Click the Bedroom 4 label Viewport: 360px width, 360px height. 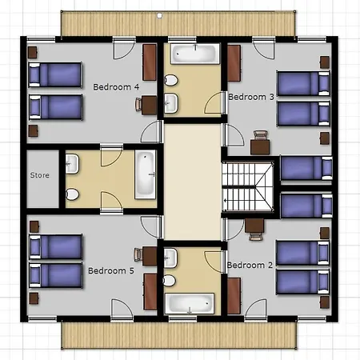click(116, 87)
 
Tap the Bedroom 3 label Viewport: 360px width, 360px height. click(251, 97)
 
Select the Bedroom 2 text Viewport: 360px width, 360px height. click(250, 265)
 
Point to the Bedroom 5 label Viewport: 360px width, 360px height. click(111, 270)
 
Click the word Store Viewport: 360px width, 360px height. click(40, 175)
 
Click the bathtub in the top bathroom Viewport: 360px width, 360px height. click(195, 54)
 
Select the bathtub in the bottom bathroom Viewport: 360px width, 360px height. click(190, 303)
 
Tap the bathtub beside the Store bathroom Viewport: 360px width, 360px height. click(145, 174)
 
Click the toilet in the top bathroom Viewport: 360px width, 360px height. click(170, 80)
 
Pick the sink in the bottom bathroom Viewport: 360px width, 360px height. click(170, 258)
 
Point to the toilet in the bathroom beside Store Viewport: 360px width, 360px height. click(72, 194)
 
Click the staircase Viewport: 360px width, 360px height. click(248, 187)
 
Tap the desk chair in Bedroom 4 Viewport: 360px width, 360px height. click(138, 104)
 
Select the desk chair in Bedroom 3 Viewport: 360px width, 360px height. click(260, 135)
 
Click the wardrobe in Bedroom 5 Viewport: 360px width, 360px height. click(150, 291)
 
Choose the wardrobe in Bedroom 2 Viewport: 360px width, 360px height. click(234, 296)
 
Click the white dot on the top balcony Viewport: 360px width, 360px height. click(159, 16)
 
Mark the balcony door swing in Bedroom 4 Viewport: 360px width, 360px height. click(124, 49)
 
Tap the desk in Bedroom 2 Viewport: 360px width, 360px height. click(254, 226)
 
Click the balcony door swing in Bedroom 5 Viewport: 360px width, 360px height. click(122, 309)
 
